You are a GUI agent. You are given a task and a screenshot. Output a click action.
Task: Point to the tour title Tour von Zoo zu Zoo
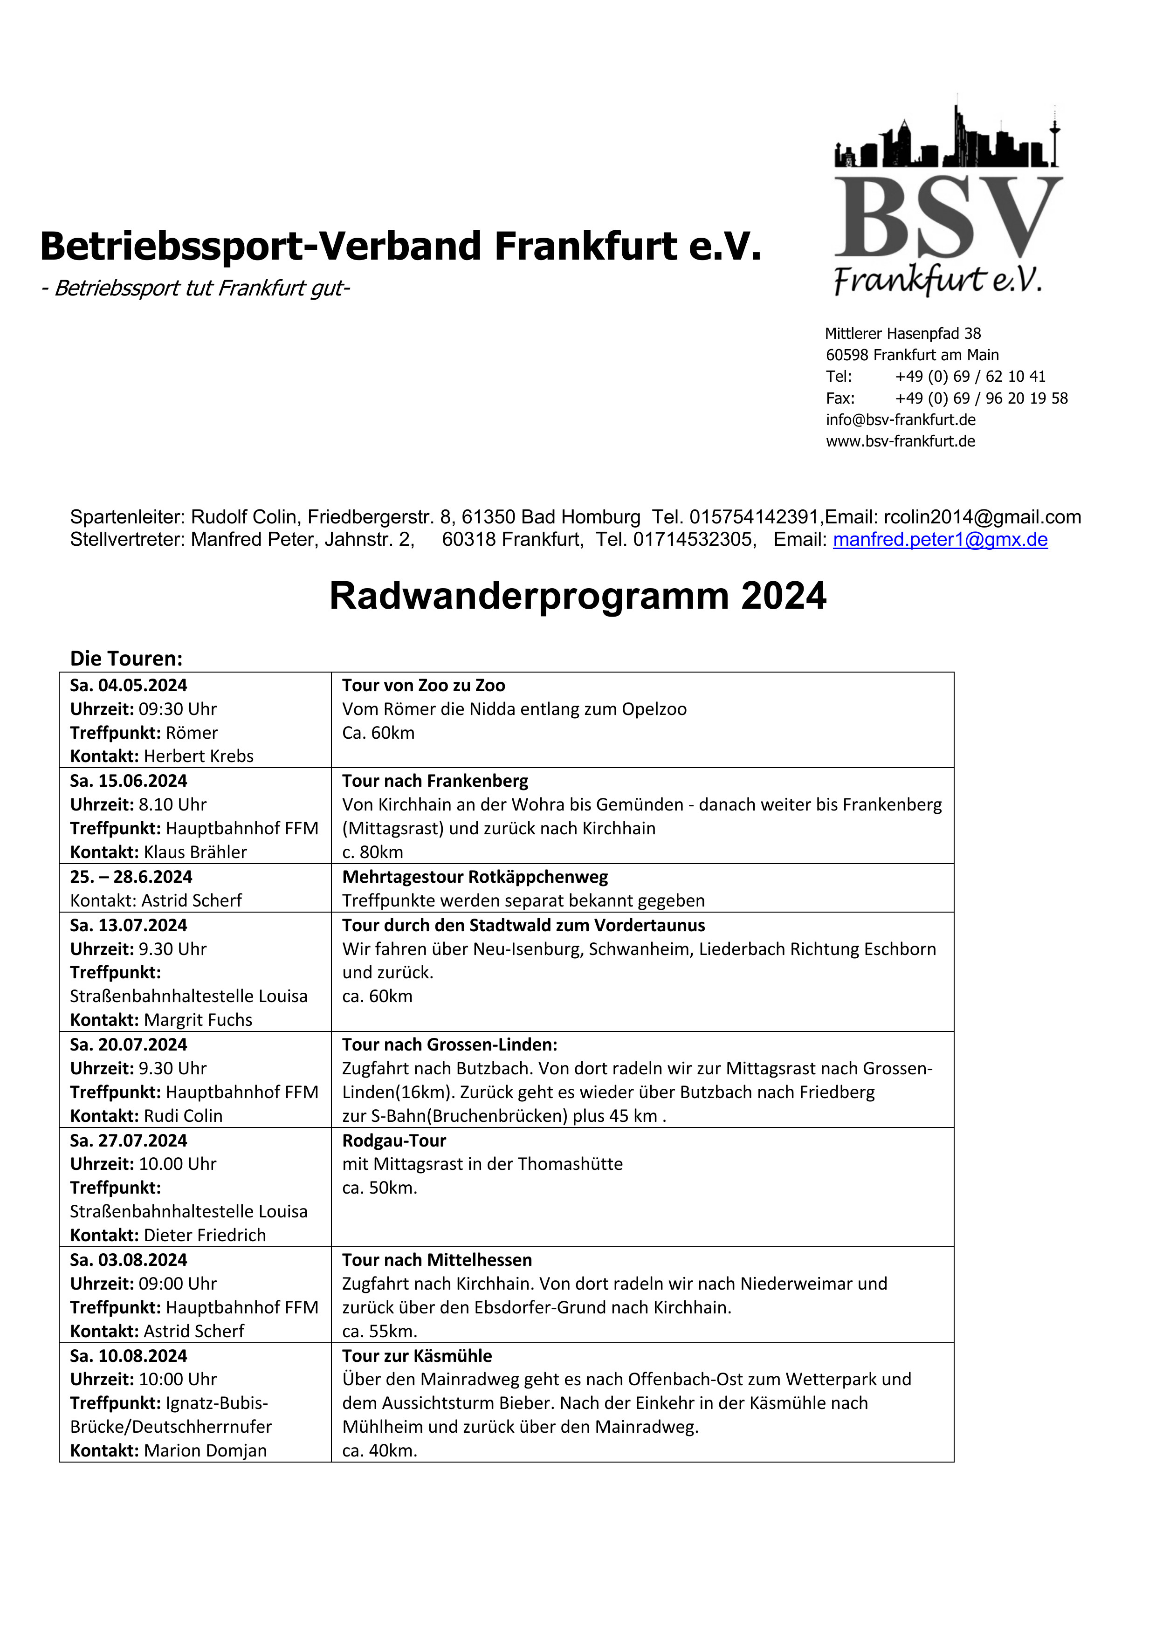pyautogui.click(x=423, y=685)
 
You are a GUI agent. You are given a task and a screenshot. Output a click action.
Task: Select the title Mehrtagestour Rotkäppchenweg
pyautogui.click(x=475, y=877)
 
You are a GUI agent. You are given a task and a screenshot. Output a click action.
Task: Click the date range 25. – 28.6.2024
pyautogui.click(x=131, y=877)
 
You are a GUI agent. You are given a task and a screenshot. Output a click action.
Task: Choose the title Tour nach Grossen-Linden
pyautogui.click(x=449, y=1044)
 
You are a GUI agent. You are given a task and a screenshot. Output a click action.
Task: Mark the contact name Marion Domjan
pyautogui.click(x=205, y=1450)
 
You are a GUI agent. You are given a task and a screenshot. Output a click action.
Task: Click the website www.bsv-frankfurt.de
pyautogui.click(x=900, y=441)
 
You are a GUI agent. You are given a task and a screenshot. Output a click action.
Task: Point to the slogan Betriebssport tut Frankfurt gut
pyautogui.click(x=195, y=288)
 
